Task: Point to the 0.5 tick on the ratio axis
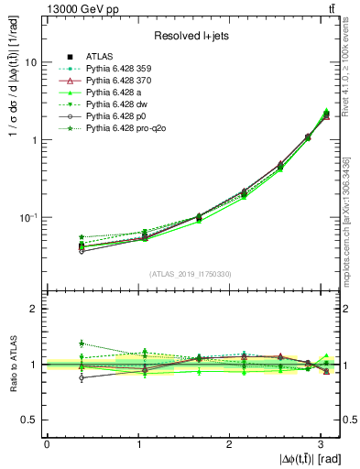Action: [30, 420]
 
